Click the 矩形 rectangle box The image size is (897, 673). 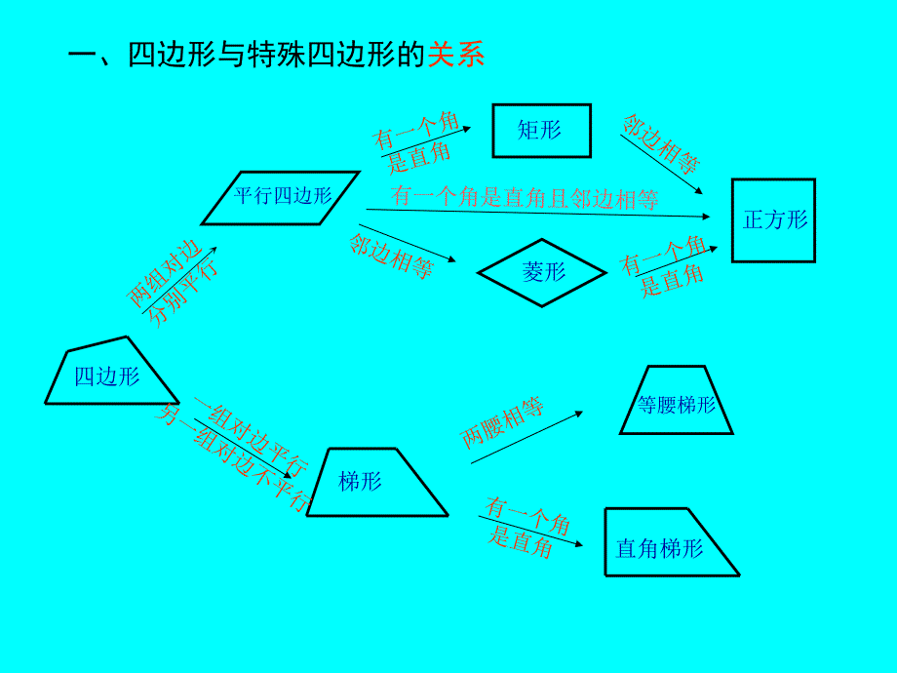tap(541, 130)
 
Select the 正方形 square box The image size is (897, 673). tap(773, 220)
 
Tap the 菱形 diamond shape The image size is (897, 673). tap(543, 272)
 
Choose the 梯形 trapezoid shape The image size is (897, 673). tap(374, 482)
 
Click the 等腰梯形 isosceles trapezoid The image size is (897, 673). tap(676, 401)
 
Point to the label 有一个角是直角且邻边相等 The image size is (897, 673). tap(525, 198)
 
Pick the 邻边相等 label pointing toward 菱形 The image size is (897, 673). tap(391, 257)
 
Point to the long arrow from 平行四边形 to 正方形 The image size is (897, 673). tap(536, 213)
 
